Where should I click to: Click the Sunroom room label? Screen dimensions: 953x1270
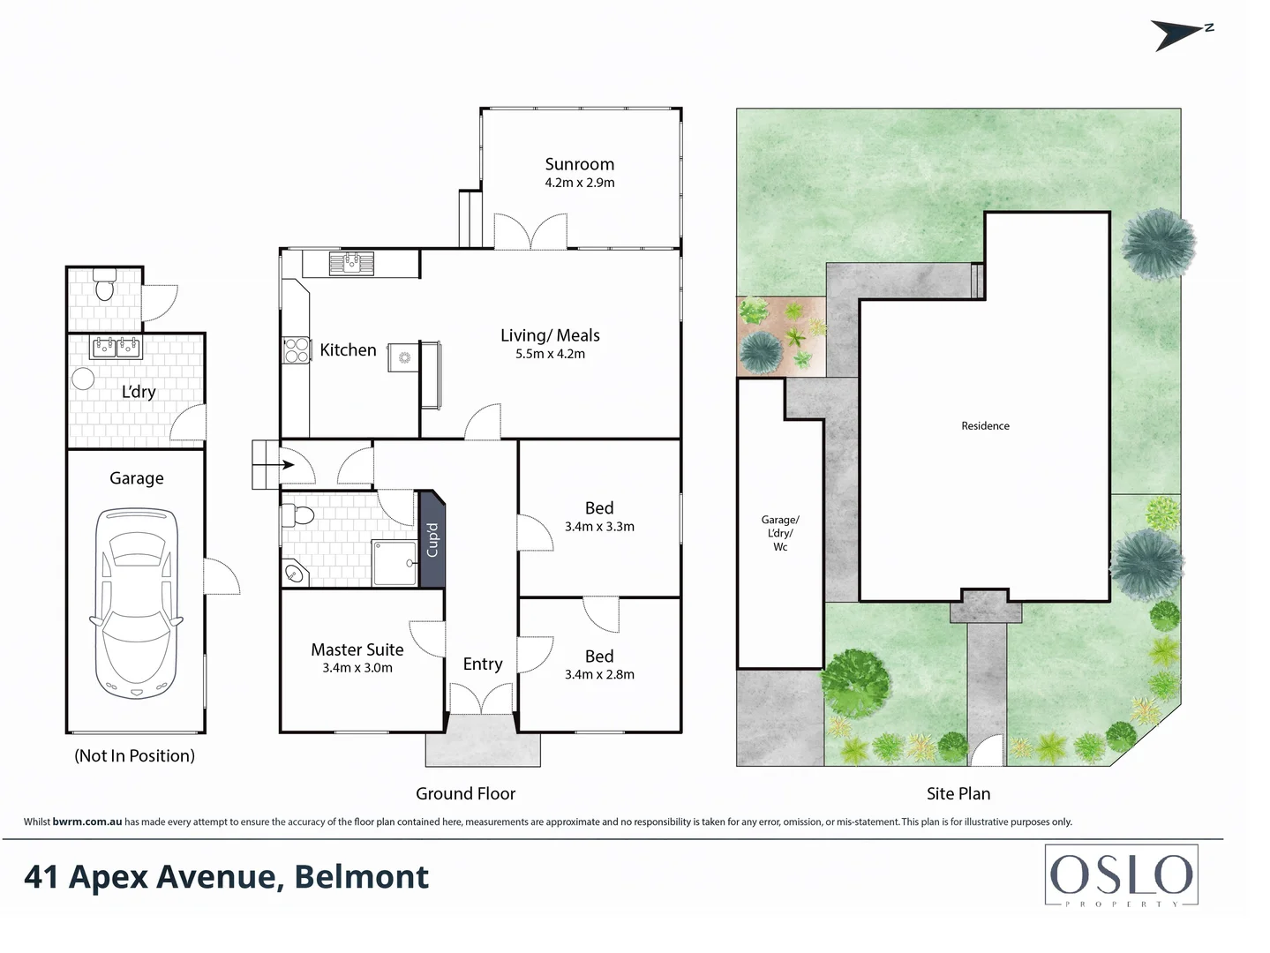tap(579, 164)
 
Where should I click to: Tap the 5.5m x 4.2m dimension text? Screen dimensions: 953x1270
tap(550, 354)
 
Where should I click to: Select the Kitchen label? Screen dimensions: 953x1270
tap(348, 350)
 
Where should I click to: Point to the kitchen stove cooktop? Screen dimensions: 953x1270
tap(296, 350)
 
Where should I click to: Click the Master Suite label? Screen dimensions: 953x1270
tap(357, 649)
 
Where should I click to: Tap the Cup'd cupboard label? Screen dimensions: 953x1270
tap(432, 540)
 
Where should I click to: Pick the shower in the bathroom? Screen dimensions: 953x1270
tap(394, 563)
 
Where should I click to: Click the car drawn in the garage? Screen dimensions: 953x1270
tap(137, 604)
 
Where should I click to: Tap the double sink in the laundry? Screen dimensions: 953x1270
tap(116, 348)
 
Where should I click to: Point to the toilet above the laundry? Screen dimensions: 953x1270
tap(104, 288)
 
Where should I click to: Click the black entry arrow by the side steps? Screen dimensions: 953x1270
tap(288, 464)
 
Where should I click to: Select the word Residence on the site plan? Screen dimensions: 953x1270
tap(985, 426)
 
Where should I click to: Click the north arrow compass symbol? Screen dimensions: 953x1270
tap(1181, 35)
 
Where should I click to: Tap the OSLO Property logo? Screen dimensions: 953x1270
tap(1121, 877)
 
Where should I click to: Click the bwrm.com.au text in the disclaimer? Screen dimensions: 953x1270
tap(86, 822)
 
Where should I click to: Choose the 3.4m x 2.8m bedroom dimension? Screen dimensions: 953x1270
tap(599, 674)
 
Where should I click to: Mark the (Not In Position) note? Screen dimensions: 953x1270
tap(134, 756)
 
